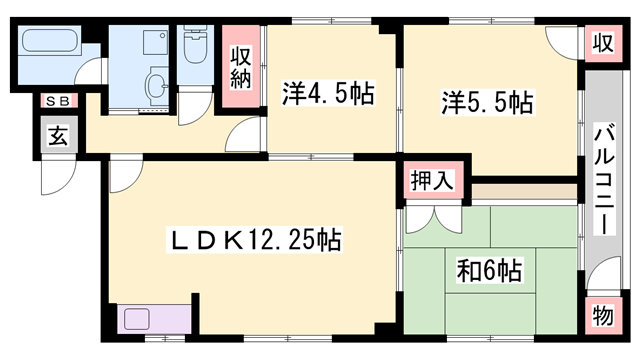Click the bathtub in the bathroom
pos(50,40)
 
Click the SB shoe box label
pos(59,101)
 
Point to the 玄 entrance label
pos(59,135)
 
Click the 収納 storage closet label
pos(240,67)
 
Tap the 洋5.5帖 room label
pos(487,102)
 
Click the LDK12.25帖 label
pos(254,240)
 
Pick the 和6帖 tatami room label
pos(489,271)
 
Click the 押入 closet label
pos(432,180)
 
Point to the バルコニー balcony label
pos(604,179)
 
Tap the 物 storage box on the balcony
pos(603,316)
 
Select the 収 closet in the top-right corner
pos(603,43)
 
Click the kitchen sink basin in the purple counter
pos(136,319)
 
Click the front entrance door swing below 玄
pos(58,177)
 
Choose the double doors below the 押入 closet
pos(434,219)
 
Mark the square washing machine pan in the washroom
pos(155,42)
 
